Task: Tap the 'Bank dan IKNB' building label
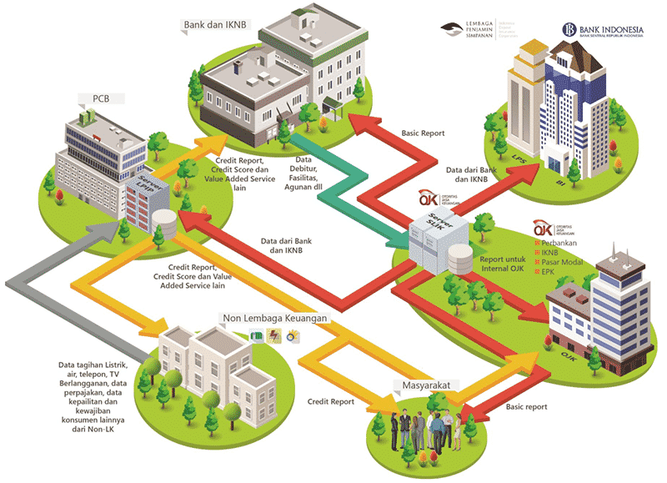[212, 26]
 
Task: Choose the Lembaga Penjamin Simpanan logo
[480, 30]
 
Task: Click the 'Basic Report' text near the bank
[423, 133]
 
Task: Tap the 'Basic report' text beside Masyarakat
[526, 407]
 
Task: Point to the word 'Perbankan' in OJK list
[564, 243]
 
